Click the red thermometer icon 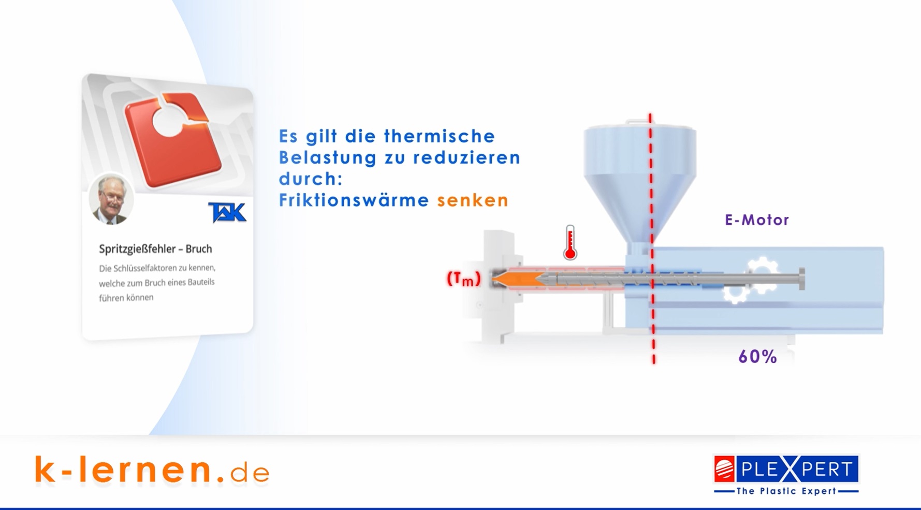[x=570, y=242]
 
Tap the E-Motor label [x=757, y=220]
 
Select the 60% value [x=757, y=356]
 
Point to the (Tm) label [x=464, y=279]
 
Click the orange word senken [x=473, y=200]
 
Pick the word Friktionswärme [x=354, y=200]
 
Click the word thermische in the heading [x=440, y=136]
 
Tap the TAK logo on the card [x=227, y=212]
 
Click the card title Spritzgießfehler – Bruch [x=155, y=249]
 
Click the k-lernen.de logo [x=152, y=470]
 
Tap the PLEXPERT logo [x=786, y=469]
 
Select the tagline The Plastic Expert [x=786, y=491]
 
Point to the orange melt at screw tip [x=518, y=279]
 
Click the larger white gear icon [x=762, y=273]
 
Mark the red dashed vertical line [x=652, y=239]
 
